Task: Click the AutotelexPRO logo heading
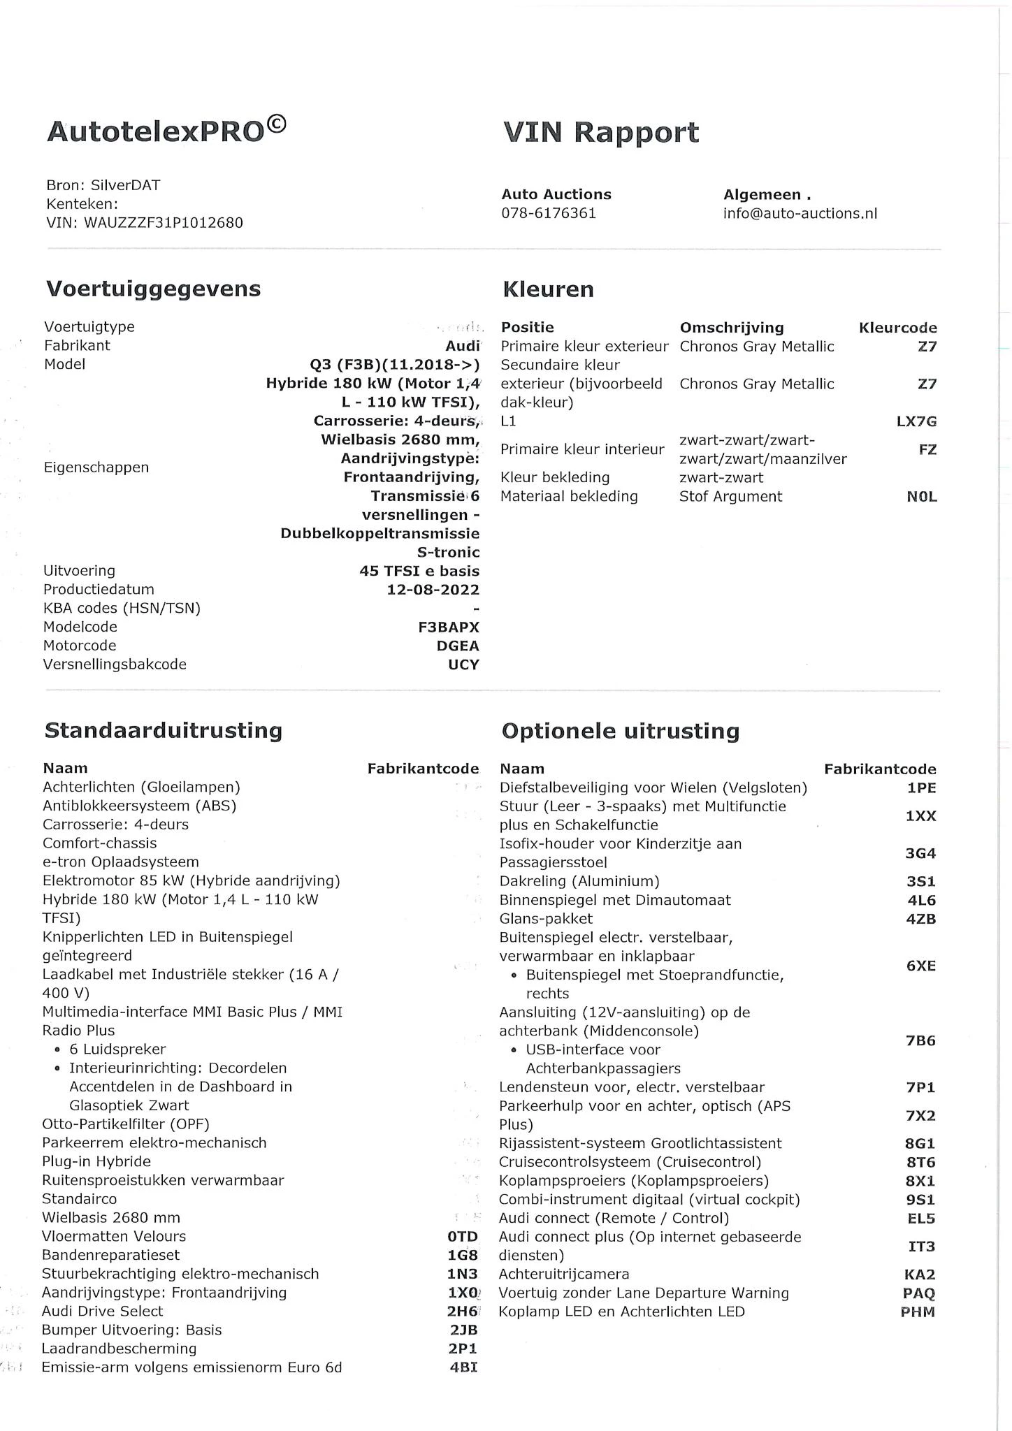coord(166,131)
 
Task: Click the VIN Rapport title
coord(600,132)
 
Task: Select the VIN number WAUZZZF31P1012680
coord(164,223)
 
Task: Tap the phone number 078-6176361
coord(549,213)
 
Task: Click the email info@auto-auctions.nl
coord(800,213)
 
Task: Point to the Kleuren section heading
coord(548,289)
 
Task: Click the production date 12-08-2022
coord(433,589)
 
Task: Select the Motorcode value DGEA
coord(458,646)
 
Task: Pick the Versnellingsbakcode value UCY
coord(463,664)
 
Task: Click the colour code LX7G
coord(916,421)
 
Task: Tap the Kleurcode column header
coord(897,328)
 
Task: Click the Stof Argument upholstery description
coord(730,496)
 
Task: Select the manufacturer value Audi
coord(463,345)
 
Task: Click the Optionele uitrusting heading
coord(620,731)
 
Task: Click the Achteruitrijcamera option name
coord(563,1274)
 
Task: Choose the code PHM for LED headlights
coord(918,1312)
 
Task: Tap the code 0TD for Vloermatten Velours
coord(462,1237)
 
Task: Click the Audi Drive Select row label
coord(102,1311)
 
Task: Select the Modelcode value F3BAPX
coord(449,627)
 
